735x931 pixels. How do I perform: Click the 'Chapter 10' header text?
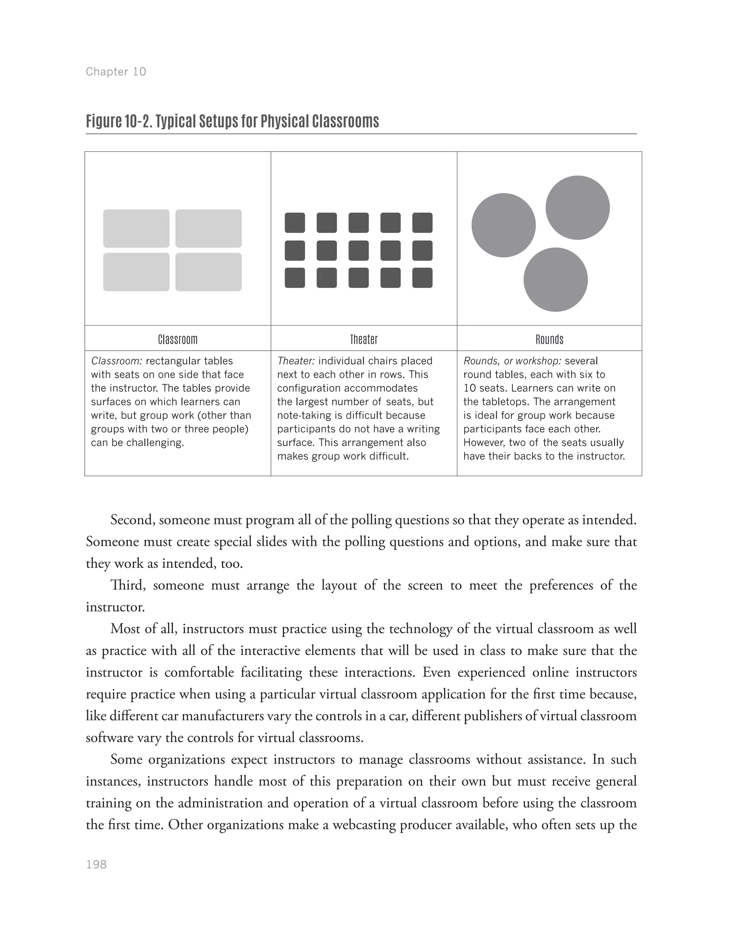click(x=116, y=71)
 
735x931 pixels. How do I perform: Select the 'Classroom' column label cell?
click(x=177, y=340)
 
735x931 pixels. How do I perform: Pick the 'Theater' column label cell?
click(x=364, y=340)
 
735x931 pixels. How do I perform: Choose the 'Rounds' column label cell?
click(x=549, y=340)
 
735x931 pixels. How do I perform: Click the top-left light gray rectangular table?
click(x=136, y=229)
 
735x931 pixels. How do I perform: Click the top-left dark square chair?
click(x=295, y=223)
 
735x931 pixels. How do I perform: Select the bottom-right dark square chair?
click(x=422, y=278)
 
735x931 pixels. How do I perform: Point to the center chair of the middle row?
click(x=359, y=251)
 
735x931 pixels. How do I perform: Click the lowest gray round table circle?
click(x=555, y=280)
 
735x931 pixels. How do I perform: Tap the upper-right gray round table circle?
click(x=577, y=207)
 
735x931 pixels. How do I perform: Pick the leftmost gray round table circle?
click(x=504, y=225)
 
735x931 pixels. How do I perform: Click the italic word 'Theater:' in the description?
click(x=296, y=361)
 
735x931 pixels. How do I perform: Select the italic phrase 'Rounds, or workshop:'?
click(x=512, y=361)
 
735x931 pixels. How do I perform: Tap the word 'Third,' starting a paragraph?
click(x=128, y=585)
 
